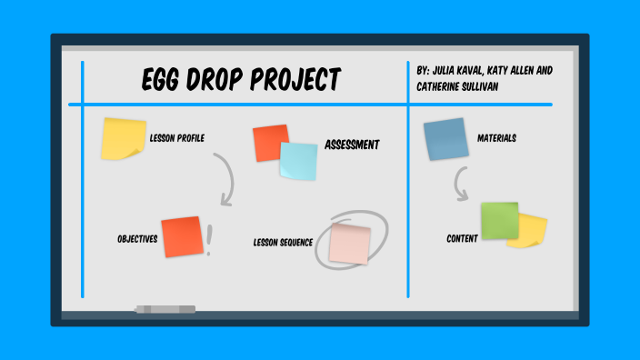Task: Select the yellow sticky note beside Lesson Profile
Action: coord(123,138)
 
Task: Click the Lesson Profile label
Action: coord(176,138)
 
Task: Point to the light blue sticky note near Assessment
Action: coord(299,161)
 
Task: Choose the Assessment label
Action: coord(352,145)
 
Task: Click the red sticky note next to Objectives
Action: coord(181,236)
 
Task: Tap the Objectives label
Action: coord(137,239)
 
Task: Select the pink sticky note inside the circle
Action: coord(350,243)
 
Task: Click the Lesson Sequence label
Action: coord(283,243)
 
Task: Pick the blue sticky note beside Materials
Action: coord(445,139)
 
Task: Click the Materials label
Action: coord(496,138)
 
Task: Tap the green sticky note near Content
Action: coord(499,220)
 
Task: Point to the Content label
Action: coord(462,239)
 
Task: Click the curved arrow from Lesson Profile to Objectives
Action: coord(225,178)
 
